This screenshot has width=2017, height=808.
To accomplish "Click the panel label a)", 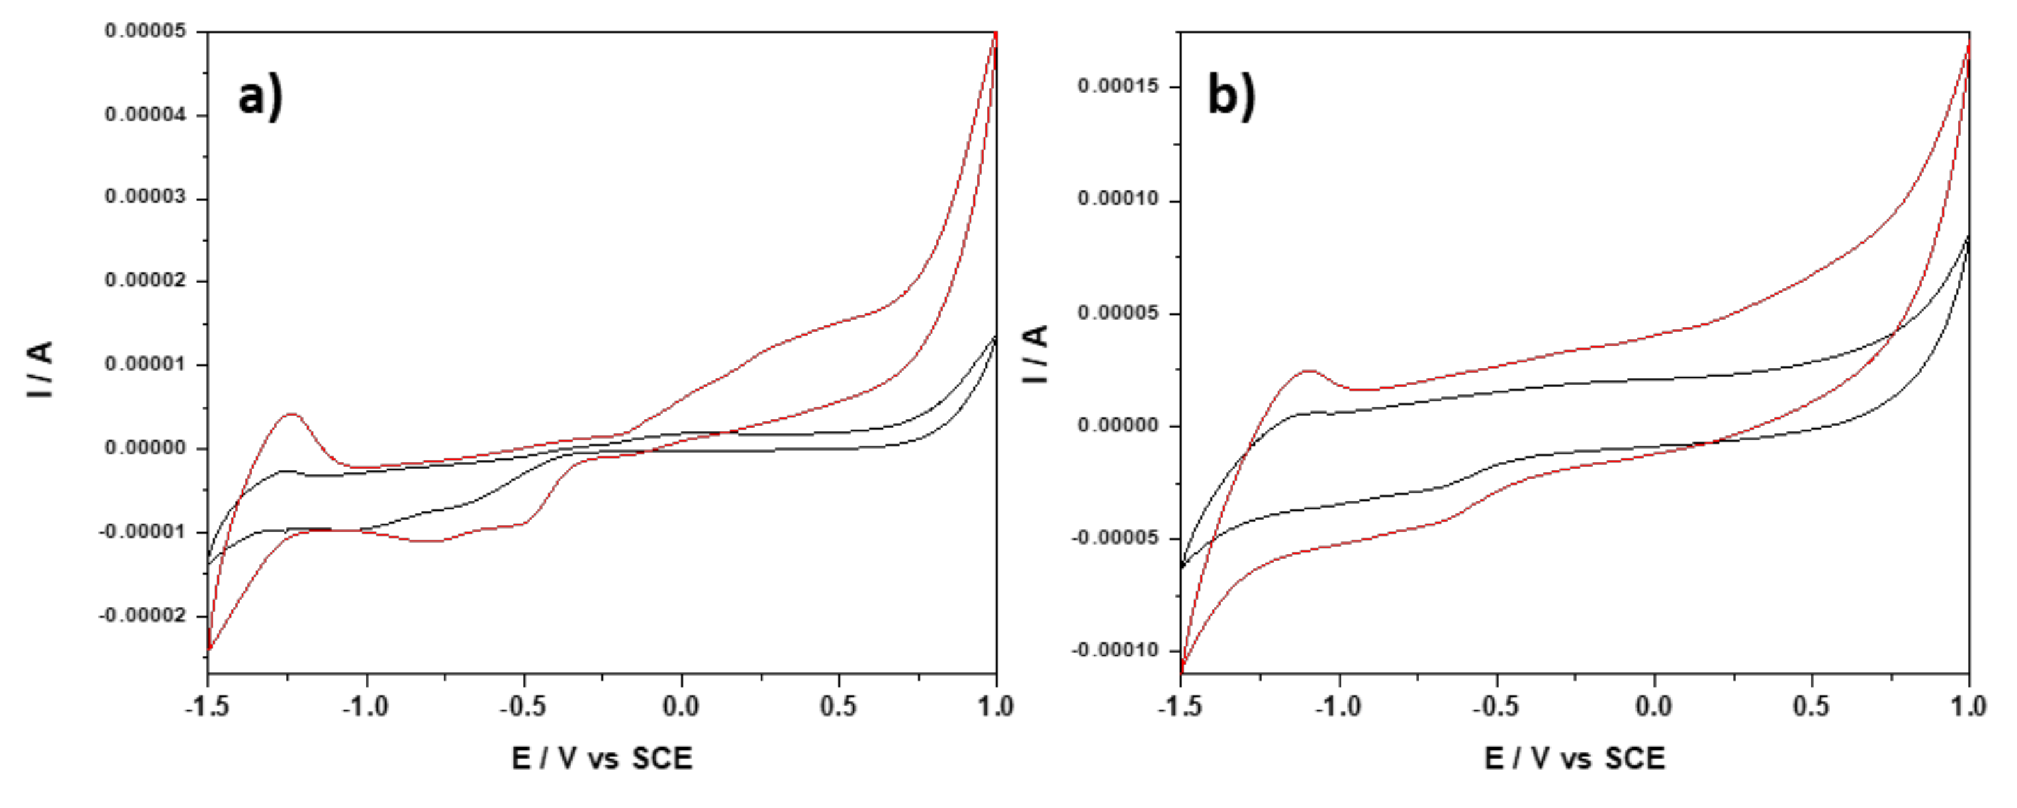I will coord(260,98).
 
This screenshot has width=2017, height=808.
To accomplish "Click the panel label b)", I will coord(1232,97).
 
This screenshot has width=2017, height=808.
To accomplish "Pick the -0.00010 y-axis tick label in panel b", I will coord(1115,651).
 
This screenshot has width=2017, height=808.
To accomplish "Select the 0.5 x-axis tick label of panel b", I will coord(1811,707).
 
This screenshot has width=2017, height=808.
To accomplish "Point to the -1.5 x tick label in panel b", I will coord(1179,707).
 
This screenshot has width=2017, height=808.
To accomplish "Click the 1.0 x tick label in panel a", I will coord(995,707).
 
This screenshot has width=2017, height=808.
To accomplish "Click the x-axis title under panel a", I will coord(601,759).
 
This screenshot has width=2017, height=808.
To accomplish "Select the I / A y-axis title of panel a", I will coord(39,369).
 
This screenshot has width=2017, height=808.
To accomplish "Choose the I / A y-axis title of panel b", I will coord(1036,355).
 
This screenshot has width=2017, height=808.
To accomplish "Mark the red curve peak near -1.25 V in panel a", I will coord(291,414).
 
